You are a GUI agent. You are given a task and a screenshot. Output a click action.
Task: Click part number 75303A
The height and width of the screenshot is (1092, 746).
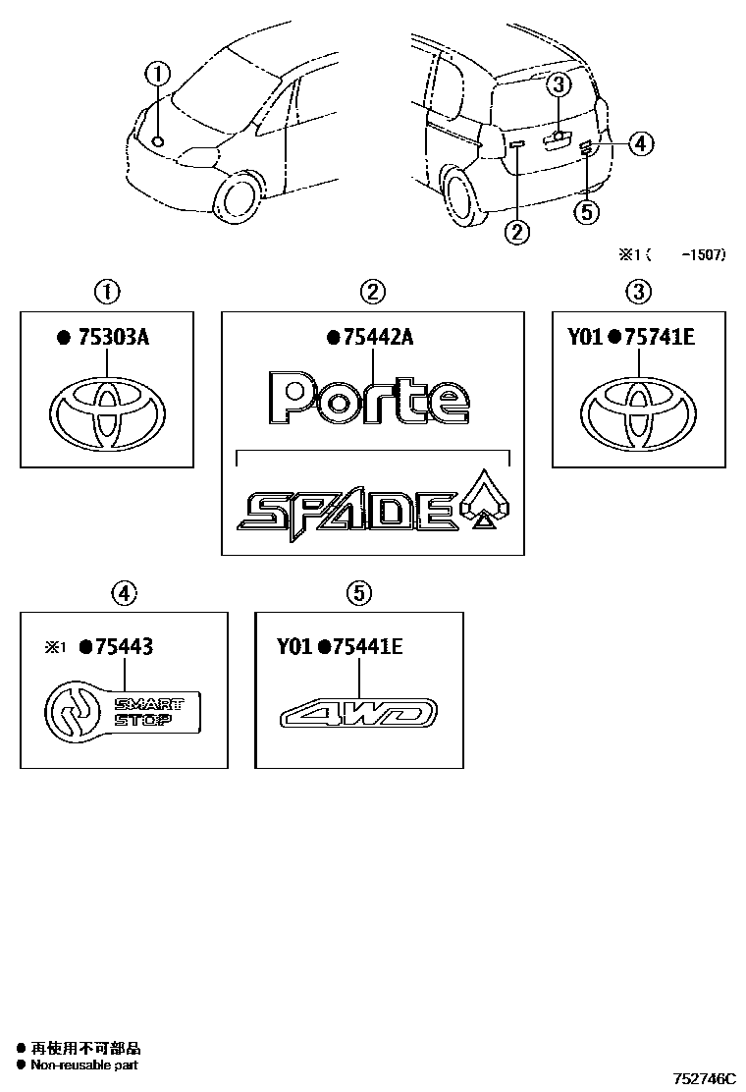[x=116, y=339]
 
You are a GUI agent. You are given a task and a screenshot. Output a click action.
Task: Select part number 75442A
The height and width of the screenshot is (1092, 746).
[x=379, y=339]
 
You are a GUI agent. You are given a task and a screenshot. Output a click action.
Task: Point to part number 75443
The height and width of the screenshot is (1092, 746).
[x=123, y=646]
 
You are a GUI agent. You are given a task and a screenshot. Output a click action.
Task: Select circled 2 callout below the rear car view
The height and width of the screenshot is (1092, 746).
[x=516, y=232]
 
